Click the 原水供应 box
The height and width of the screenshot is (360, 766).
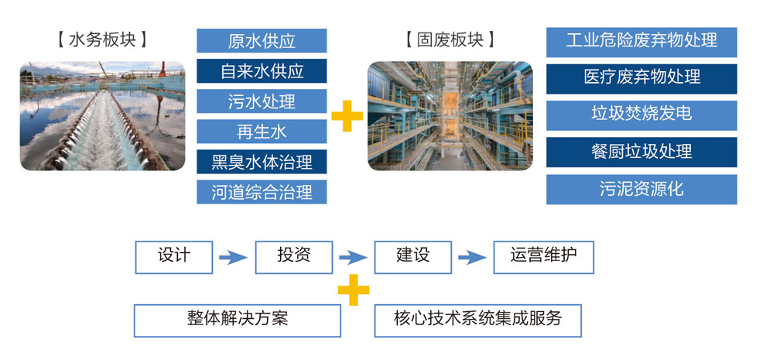(262, 41)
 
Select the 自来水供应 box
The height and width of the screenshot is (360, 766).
(262, 71)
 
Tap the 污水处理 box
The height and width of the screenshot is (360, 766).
(262, 101)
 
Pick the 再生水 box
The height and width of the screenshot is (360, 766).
(262, 132)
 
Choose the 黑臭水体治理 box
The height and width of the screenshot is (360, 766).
(262, 162)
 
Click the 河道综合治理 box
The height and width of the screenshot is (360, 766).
(262, 192)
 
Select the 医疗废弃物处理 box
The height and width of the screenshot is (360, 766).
(641, 78)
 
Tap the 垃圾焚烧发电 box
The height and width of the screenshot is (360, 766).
(641, 115)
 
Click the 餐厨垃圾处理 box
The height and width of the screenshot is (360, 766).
(641, 152)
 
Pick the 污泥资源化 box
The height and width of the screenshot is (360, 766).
(641, 189)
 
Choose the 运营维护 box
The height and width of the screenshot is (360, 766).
(543, 257)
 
